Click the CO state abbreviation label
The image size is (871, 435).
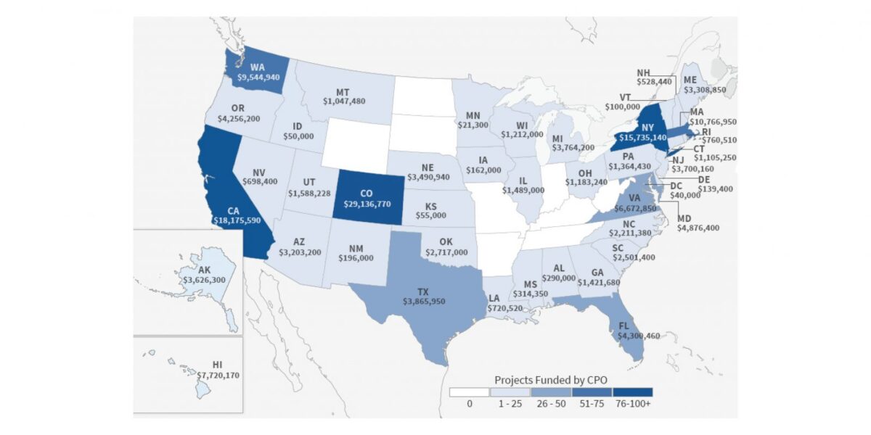[367, 194]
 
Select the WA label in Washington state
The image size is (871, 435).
[257, 66]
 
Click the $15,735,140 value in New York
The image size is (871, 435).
[642, 138]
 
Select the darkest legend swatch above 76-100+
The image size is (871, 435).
[632, 393]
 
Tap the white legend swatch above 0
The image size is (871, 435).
[469, 393]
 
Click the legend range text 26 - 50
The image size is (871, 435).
[550, 405]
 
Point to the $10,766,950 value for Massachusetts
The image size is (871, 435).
[712, 123]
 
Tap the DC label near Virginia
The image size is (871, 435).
[676, 185]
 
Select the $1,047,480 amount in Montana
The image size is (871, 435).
[344, 101]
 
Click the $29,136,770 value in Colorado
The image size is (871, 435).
[367, 204]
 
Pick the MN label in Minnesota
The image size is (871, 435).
[473, 115]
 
